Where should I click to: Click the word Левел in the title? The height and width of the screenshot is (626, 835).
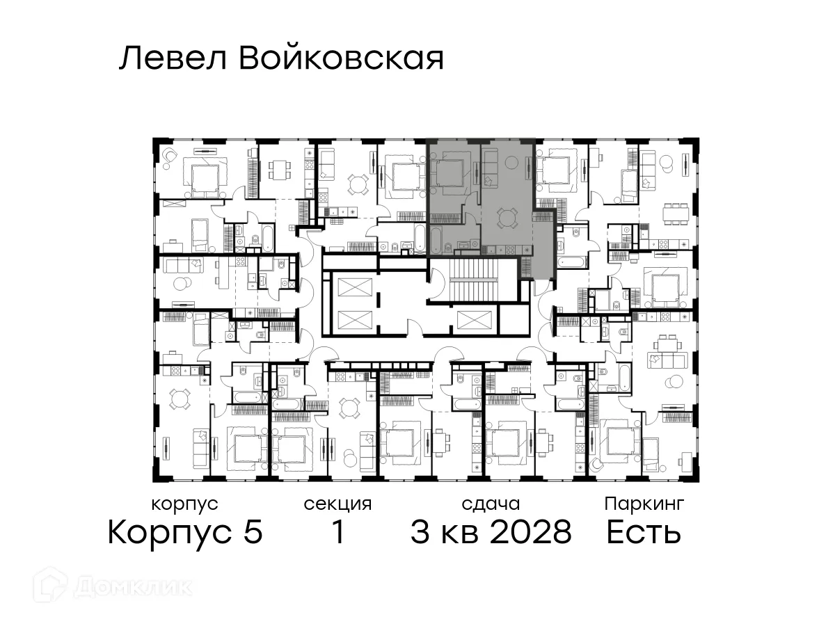173,59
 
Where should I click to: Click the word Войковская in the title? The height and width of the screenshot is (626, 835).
341,59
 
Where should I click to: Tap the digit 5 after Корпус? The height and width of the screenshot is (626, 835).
253,533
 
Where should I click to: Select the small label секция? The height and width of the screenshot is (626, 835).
337,504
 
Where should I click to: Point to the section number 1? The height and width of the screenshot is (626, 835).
337,533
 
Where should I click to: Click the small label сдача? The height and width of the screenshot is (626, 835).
491,504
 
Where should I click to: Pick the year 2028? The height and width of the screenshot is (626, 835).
531,533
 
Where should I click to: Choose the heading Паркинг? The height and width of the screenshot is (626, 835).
644,504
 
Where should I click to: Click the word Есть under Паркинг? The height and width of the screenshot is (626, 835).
643,533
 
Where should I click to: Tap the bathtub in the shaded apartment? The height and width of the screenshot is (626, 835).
436,239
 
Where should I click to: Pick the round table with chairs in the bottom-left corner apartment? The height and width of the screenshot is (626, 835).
180,399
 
